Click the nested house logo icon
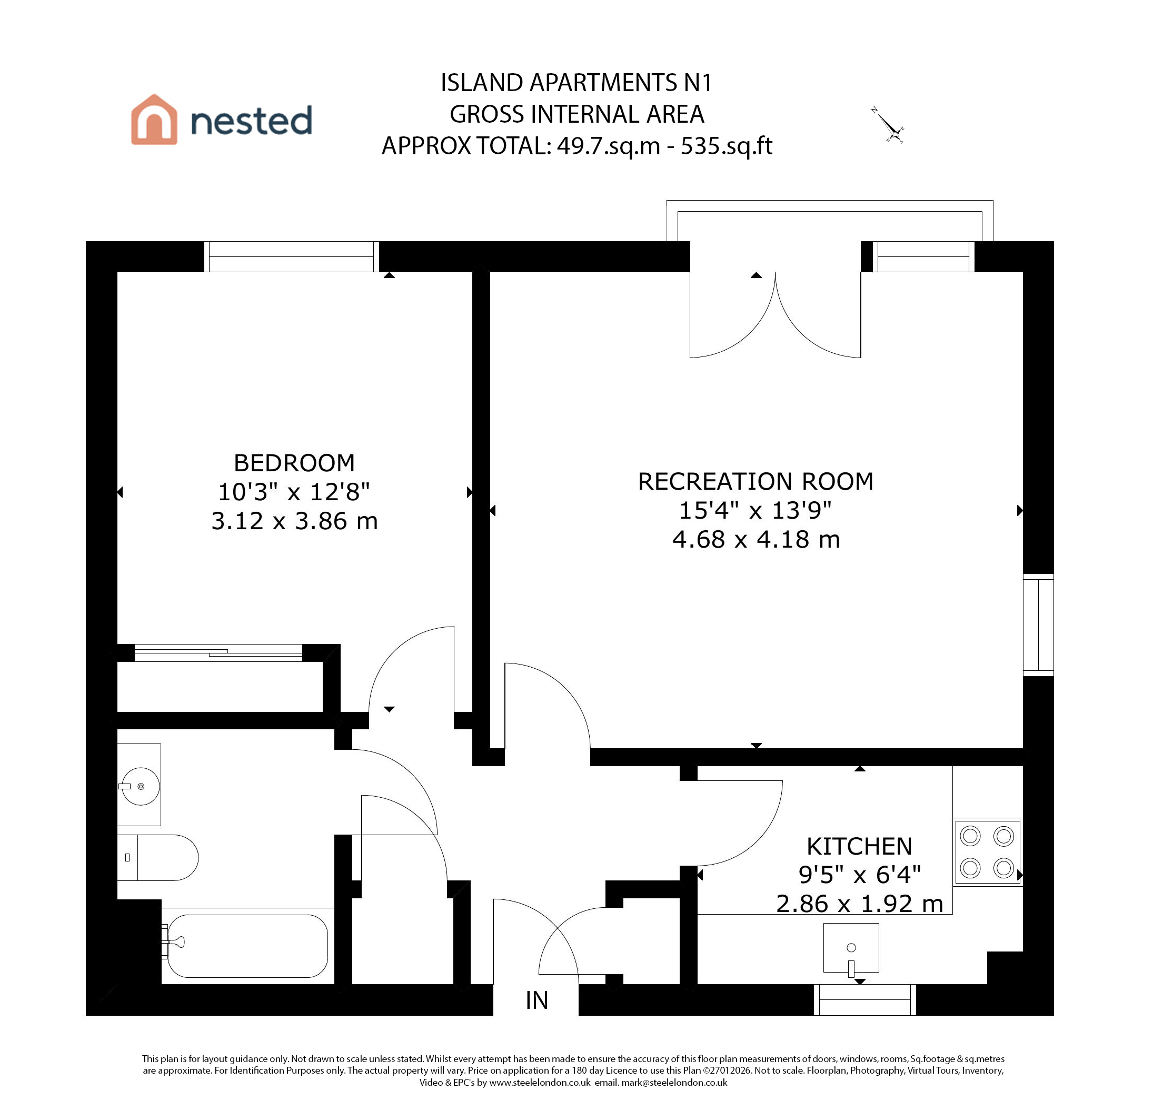(x=154, y=120)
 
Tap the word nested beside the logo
(x=251, y=121)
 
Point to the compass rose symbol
(x=888, y=125)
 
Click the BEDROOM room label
(x=294, y=463)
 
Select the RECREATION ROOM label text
(x=756, y=481)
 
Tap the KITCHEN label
(x=859, y=847)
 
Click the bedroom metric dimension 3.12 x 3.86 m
(x=294, y=521)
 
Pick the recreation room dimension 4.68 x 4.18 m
(x=756, y=539)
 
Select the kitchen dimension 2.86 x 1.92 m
(x=859, y=904)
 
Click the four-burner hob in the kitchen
(x=988, y=852)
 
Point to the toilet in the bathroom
(x=157, y=858)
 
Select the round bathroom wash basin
(x=140, y=786)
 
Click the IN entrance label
(x=536, y=1000)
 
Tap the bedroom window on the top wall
(x=291, y=256)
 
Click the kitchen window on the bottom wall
(x=864, y=999)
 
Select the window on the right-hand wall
(x=1038, y=625)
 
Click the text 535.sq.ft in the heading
(x=727, y=146)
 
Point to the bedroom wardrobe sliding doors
(x=218, y=652)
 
